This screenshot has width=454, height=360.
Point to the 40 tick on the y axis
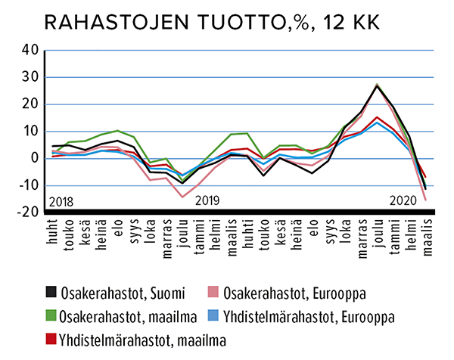pos(27,51)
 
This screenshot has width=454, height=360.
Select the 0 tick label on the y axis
pos(33,158)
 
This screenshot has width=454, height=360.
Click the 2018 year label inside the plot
pos(63,202)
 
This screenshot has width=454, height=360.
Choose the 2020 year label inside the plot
pos(403,202)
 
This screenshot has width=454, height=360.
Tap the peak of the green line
pos(378,84)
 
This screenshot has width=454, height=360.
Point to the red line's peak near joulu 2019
pos(378,117)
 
